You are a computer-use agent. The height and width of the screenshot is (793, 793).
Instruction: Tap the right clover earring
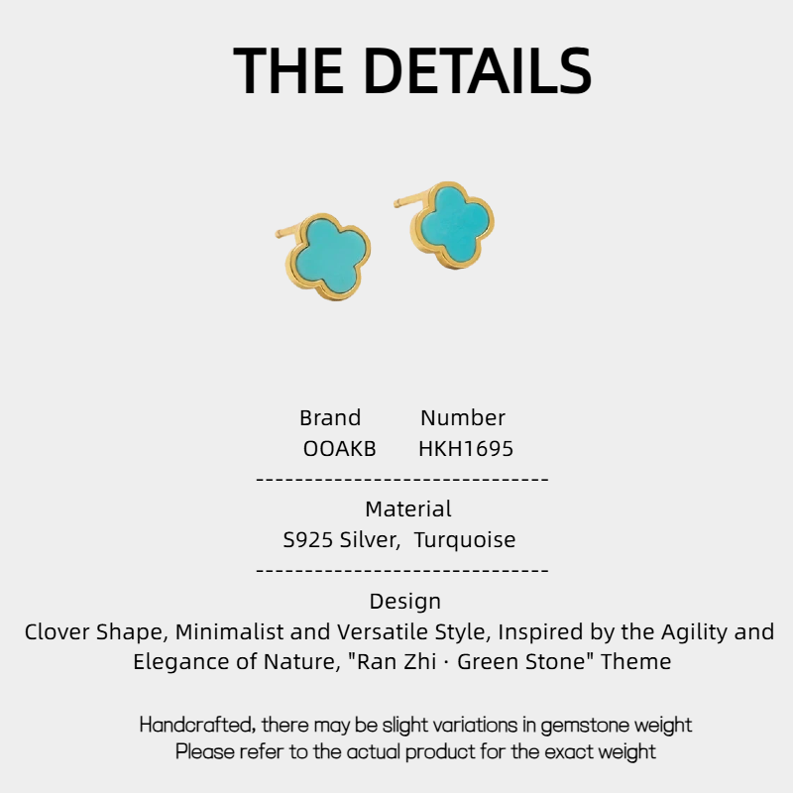[453, 223]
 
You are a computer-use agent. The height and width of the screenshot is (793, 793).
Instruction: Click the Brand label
[330, 417]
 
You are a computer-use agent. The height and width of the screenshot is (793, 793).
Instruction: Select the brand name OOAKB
[339, 449]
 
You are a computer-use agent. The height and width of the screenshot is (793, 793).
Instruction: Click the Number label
[463, 417]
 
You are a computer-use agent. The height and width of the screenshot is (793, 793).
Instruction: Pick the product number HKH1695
[466, 449]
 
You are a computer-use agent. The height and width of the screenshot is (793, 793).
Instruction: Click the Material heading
[408, 510]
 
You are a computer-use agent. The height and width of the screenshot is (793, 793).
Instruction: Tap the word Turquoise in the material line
[465, 540]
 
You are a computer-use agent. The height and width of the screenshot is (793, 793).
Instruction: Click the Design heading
[405, 602]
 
